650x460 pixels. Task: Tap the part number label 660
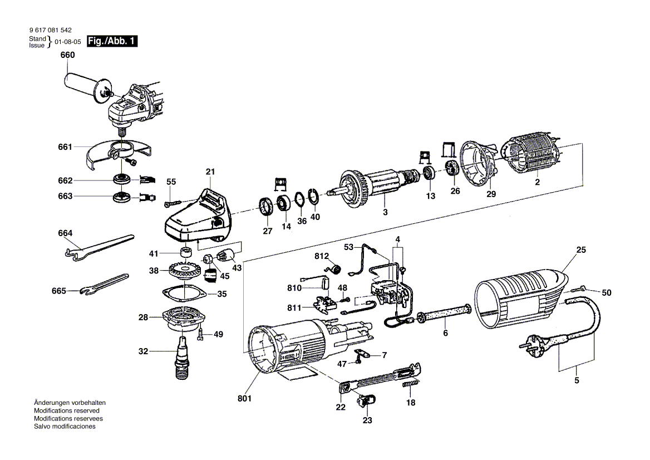67,56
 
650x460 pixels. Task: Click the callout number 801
245,399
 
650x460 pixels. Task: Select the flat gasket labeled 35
184,292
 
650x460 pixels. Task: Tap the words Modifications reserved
65,410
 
